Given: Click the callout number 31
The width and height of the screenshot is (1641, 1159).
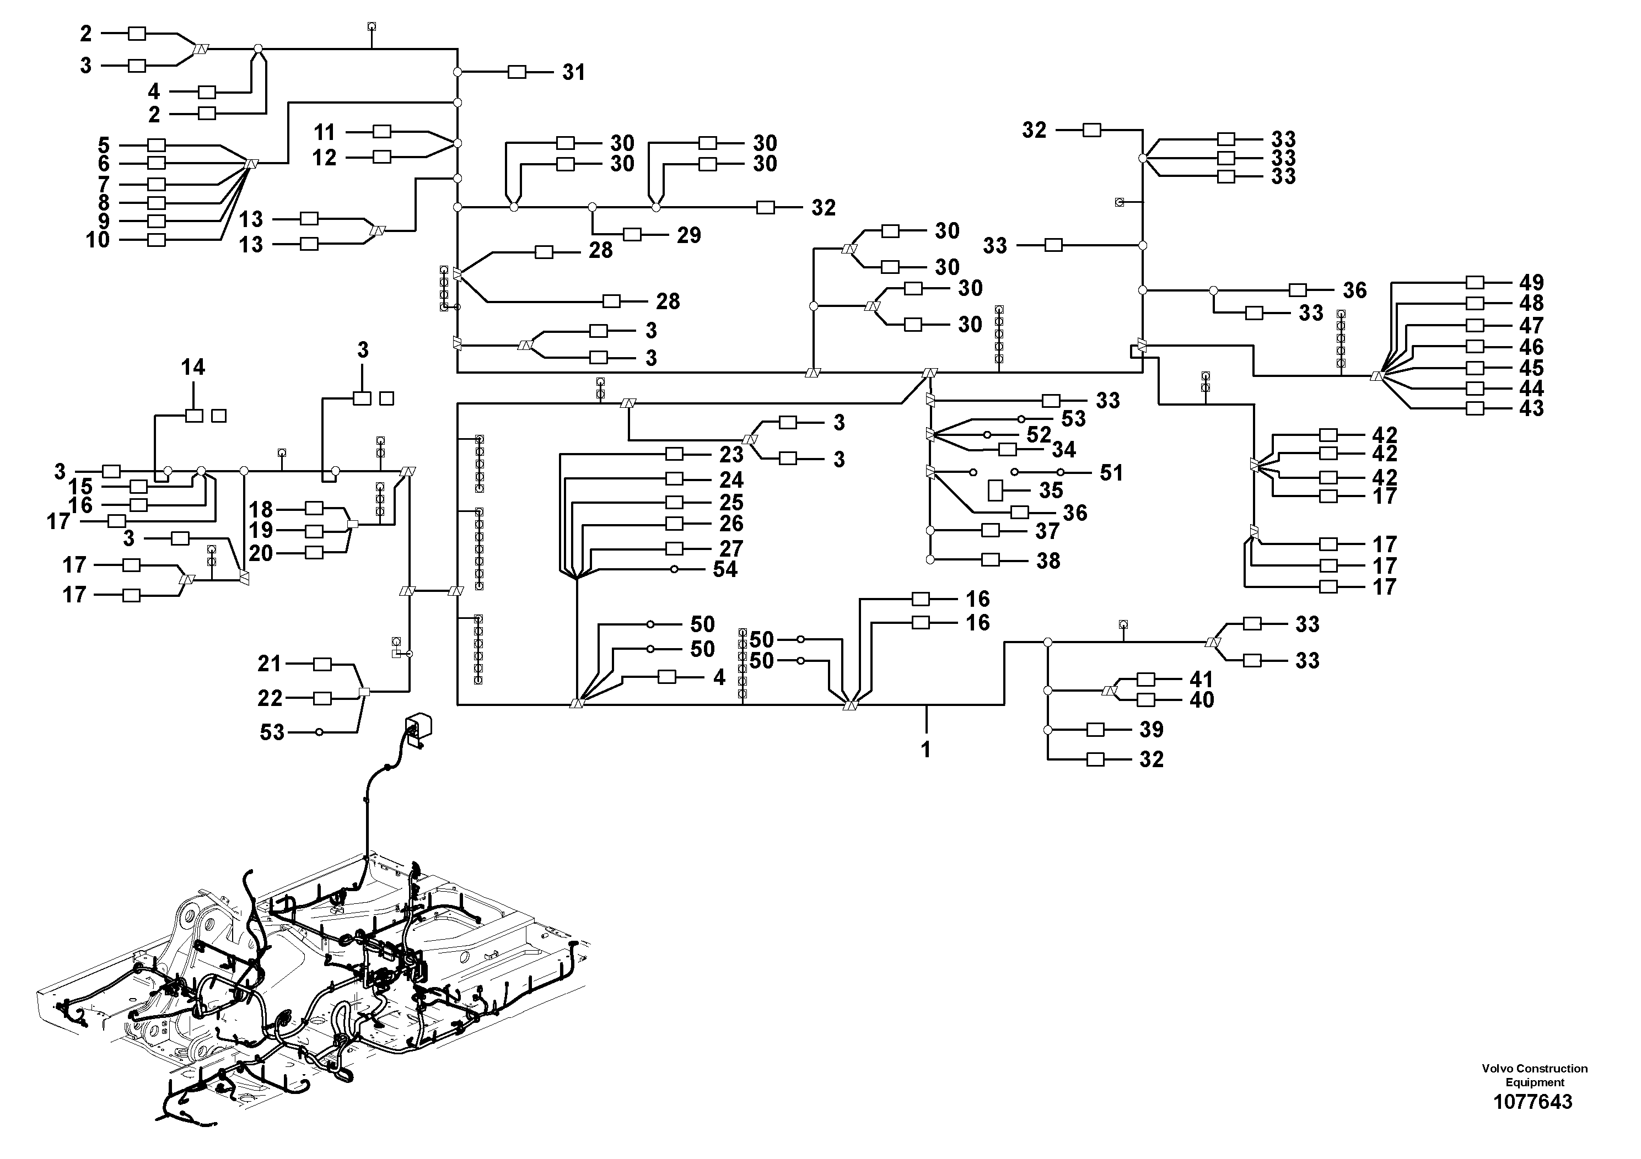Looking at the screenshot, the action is pos(573,72).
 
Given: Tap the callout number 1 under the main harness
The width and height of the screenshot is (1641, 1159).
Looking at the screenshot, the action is pos(926,750).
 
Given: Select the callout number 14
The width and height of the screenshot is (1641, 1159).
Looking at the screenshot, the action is pos(193,367).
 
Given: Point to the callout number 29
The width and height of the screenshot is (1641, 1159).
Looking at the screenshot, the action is pos(689,235).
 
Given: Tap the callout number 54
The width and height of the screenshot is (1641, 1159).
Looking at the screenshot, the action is pos(725,569).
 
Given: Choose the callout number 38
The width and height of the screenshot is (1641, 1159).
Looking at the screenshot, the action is pos(1048,561).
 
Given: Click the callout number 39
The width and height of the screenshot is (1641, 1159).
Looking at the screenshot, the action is pos(1152,730).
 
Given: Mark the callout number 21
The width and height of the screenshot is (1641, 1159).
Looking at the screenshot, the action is pos(270,664).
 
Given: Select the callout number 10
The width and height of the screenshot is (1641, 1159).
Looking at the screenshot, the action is pos(98,240).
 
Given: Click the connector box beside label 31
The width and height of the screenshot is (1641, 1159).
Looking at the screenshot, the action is pos(516,72).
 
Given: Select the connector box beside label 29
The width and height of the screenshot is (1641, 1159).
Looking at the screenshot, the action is pos(632,234).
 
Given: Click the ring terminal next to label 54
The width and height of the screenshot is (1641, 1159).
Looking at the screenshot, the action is pos(674,569).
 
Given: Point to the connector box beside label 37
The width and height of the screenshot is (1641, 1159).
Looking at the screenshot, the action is pos(991,530).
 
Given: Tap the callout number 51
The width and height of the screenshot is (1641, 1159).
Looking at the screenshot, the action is pos(1111,473).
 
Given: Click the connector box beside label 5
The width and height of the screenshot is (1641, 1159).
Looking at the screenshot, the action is pos(157,145).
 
